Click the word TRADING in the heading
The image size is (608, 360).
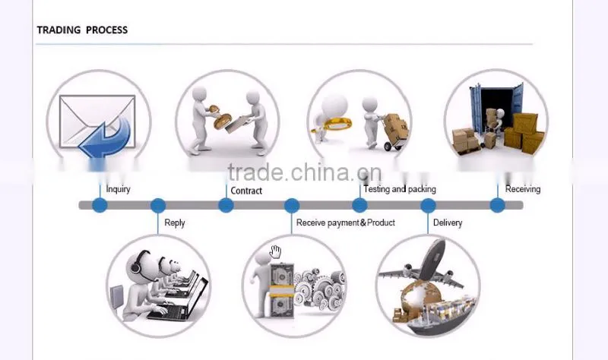(x=59, y=30)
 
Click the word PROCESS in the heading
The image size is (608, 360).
(x=106, y=30)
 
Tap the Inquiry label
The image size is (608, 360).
(x=118, y=189)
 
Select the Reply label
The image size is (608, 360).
(x=175, y=223)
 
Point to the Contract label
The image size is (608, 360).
(x=246, y=191)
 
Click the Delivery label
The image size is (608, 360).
(x=448, y=223)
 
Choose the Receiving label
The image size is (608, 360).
(x=523, y=189)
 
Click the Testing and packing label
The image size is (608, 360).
(x=400, y=189)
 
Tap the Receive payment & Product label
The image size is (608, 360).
(x=346, y=223)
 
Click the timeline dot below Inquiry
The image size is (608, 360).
(x=100, y=205)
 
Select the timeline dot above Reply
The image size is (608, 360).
(x=158, y=205)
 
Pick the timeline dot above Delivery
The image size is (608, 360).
(x=428, y=205)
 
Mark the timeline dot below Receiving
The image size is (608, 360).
(x=498, y=205)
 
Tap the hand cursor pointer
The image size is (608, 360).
(x=275, y=252)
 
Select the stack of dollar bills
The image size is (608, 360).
(x=282, y=290)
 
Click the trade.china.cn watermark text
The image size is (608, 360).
(x=305, y=172)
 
